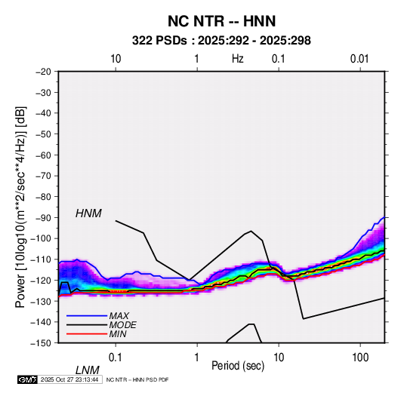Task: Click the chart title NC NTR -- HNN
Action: coord(221,21)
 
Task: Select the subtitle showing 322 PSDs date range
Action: coord(221,41)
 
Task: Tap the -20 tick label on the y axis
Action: coord(43,72)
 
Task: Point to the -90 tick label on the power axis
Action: coord(43,218)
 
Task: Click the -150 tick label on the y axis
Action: coord(42,343)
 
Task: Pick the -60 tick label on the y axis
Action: coord(43,155)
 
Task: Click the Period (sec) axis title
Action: coord(238,366)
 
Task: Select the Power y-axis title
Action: coord(20,207)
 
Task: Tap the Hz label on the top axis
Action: coord(238,59)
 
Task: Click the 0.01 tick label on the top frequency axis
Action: coord(359,59)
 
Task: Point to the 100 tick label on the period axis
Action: coord(360,358)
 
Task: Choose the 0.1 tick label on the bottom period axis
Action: coord(115,358)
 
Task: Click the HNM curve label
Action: coord(88,213)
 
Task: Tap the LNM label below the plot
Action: coord(87,370)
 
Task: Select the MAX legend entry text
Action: coord(119,316)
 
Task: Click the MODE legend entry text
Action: coord(122,325)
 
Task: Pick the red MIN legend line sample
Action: coord(87,334)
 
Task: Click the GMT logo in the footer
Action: coord(28,379)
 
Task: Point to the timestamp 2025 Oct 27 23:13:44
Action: coord(69,379)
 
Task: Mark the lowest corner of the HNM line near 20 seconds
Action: coord(304,319)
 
